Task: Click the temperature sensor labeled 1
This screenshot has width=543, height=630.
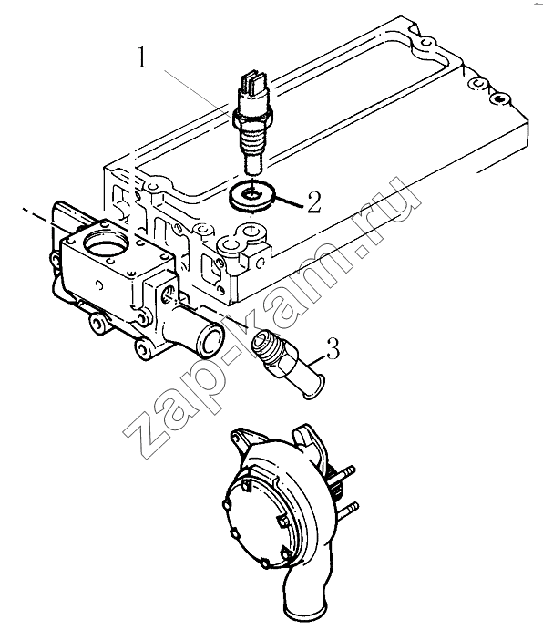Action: tap(252, 122)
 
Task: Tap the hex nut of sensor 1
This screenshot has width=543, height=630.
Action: tap(252, 116)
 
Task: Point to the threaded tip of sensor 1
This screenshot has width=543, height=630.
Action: tap(252, 165)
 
